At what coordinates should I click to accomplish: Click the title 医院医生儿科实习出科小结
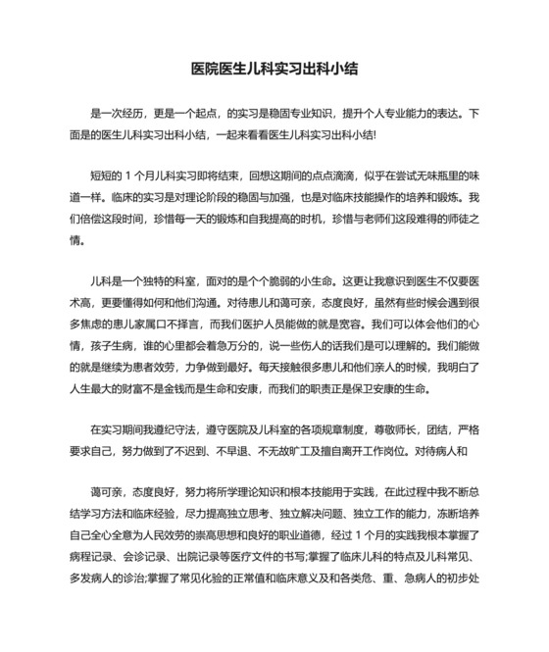[274, 71]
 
